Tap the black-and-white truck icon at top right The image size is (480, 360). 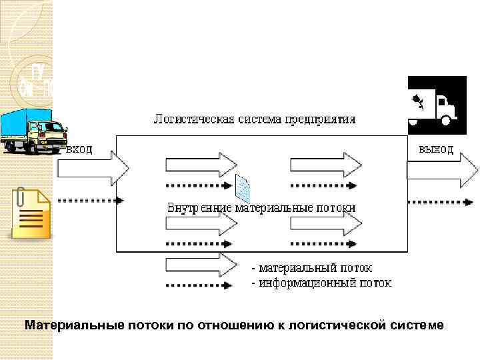point(435,102)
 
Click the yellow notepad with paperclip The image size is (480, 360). point(30,215)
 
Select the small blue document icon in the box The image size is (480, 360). point(244,189)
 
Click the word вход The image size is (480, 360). point(79,149)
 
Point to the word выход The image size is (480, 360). point(436,149)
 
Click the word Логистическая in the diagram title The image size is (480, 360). point(194,120)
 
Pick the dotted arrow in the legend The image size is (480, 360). point(199,285)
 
